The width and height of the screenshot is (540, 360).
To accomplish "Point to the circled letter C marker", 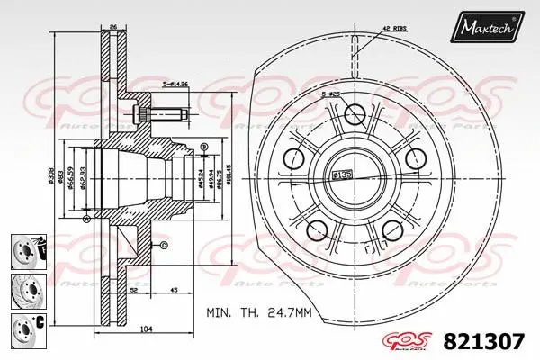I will click(164, 245).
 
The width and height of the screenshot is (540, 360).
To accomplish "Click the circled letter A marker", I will click(85, 219).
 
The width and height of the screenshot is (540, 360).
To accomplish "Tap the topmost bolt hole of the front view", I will click(354, 112).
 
